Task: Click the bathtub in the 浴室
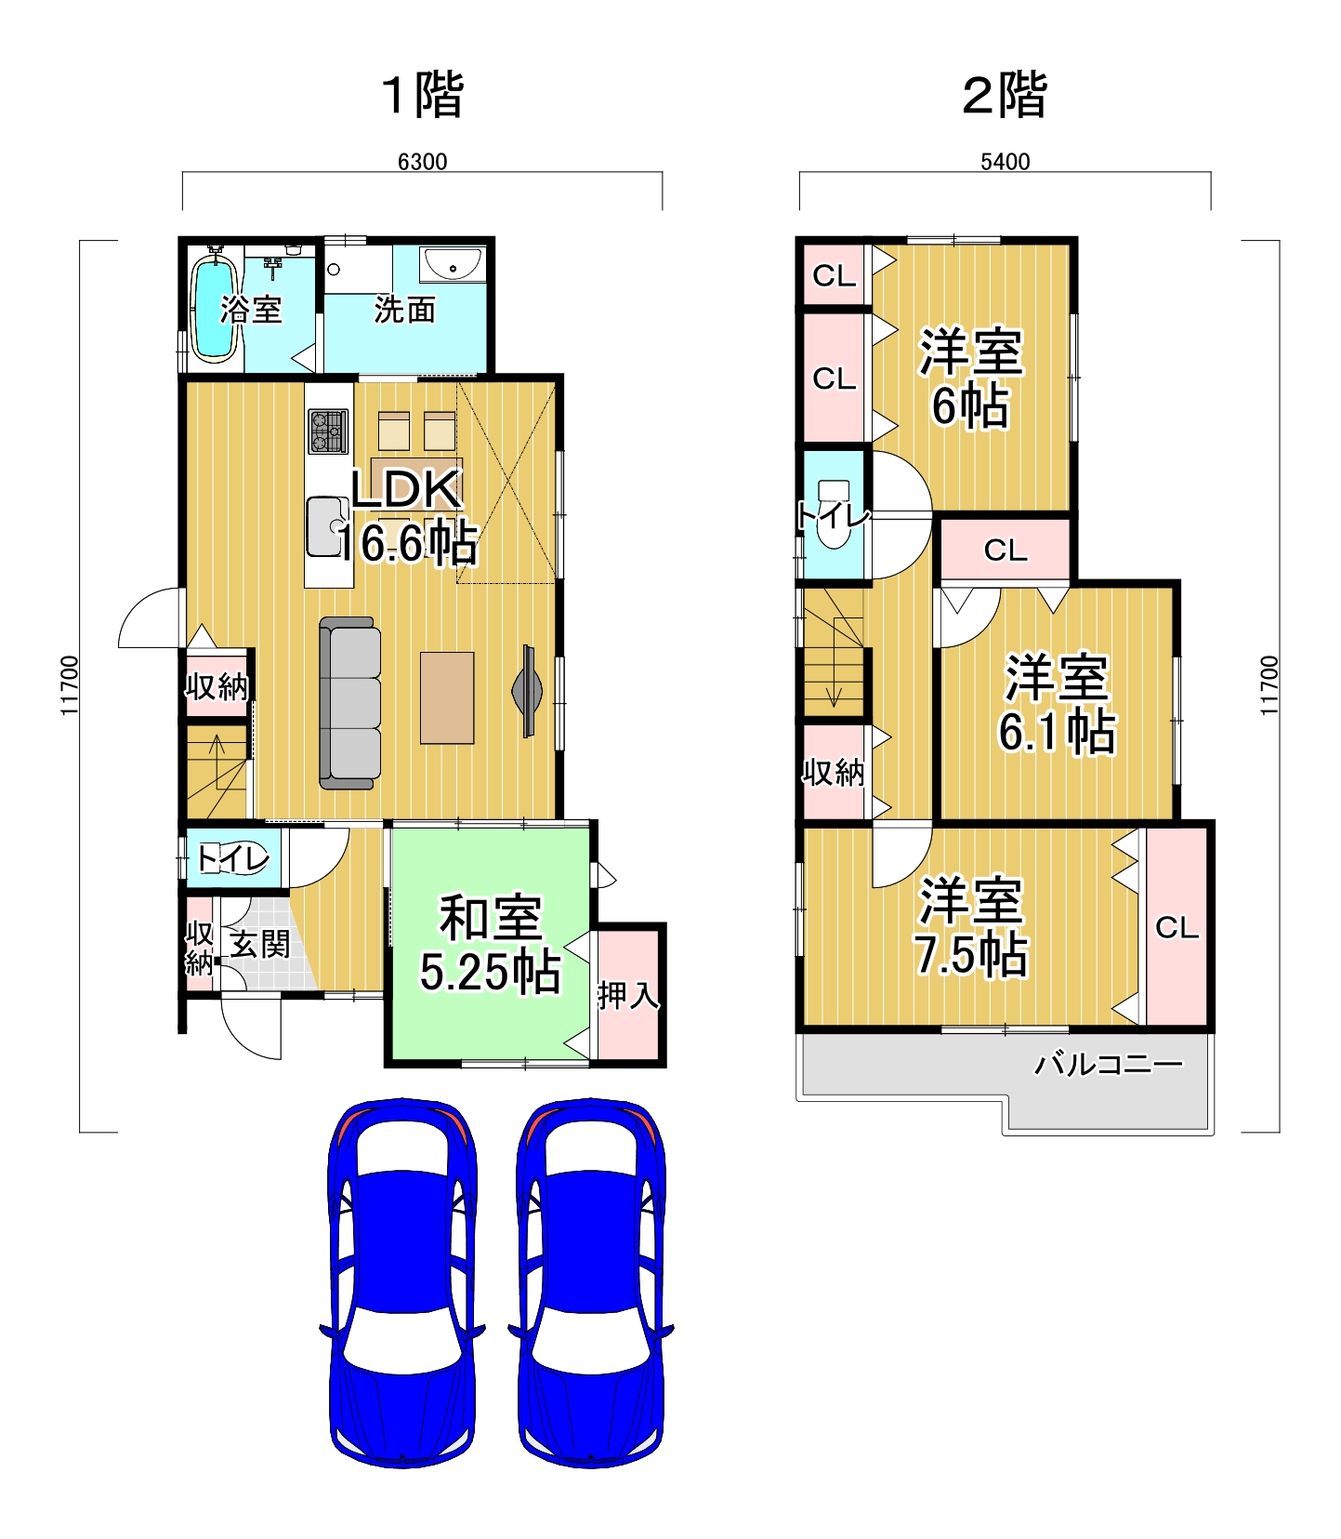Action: [x=213, y=307]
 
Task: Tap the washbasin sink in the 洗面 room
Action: [x=451, y=265]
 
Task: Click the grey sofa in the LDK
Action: [x=349, y=703]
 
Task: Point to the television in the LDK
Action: [x=528, y=691]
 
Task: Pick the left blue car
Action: [x=401, y=1282]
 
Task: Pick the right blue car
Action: [x=591, y=1282]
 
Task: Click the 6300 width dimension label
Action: [x=422, y=162]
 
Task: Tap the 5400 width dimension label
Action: [x=1005, y=162]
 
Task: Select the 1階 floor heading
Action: [x=423, y=95]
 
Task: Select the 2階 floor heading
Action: [x=1005, y=95]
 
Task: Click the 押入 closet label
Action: [x=628, y=995]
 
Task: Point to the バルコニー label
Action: [x=1109, y=1064]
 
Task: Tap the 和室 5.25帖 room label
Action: [x=490, y=944]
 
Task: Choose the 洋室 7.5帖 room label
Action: [x=972, y=926]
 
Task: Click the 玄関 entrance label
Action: [x=260, y=944]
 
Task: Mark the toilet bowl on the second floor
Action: [x=834, y=513]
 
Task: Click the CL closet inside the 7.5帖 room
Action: [x=1177, y=927]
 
